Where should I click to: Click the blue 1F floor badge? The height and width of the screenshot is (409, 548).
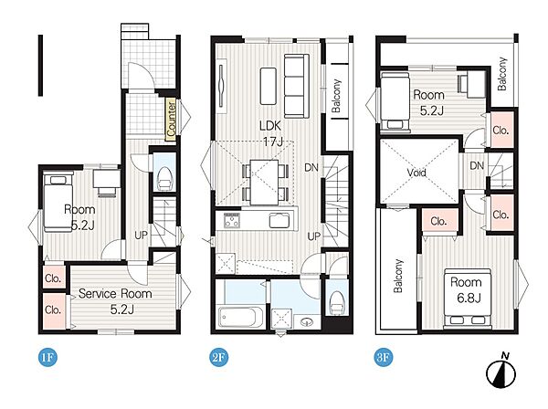pyautogui.click(x=47, y=357)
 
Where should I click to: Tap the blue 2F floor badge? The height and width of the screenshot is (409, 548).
pyautogui.click(x=219, y=357)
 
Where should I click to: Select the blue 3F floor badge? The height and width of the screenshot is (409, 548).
pyautogui.click(x=384, y=357)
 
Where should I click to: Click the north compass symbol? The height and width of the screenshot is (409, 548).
pyautogui.click(x=501, y=372)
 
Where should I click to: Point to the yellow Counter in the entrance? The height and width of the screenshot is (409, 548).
pyautogui.click(x=171, y=120)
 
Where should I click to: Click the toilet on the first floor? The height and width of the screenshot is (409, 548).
pyautogui.click(x=163, y=178)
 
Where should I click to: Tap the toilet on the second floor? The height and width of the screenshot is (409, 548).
pyautogui.click(x=337, y=303)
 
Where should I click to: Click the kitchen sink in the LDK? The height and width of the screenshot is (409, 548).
pyautogui.click(x=279, y=221)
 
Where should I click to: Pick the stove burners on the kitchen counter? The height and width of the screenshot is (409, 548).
pyautogui.click(x=232, y=220)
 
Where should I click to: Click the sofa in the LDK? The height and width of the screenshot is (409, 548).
pyautogui.click(x=297, y=86)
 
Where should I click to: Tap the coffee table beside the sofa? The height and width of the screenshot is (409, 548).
pyautogui.click(x=268, y=86)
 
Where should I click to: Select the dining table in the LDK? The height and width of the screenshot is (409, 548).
pyautogui.click(x=265, y=182)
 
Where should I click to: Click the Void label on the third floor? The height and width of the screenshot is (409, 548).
pyautogui.click(x=416, y=173)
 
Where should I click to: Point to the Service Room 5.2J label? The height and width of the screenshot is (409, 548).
pyautogui.click(x=115, y=301)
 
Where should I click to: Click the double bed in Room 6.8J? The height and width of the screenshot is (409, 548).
pyautogui.click(x=468, y=298)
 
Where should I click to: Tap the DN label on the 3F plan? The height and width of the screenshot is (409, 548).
pyautogui.click(x=477, y=165)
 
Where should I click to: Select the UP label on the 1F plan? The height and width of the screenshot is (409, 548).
pyautogui.click(x=142, y=235)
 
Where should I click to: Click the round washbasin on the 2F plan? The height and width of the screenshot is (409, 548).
pyautogui.click(x=307, y=320)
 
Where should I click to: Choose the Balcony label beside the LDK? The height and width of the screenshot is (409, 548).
pyautogui.click(x=336, y=96)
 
